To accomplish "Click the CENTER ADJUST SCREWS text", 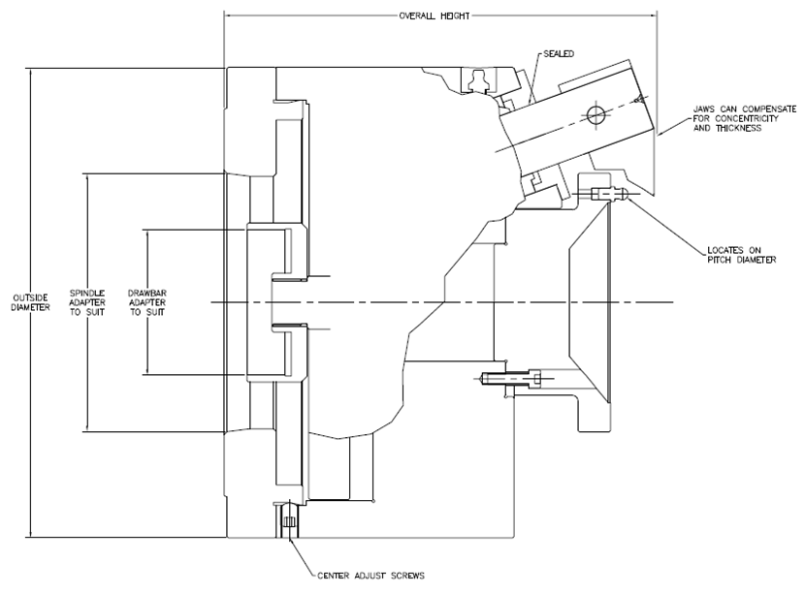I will click(x=370, y=575).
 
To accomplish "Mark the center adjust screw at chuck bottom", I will click(x=287, y=522).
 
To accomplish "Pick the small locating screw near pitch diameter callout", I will click(x=608, y=194).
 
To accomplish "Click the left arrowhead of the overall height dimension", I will click(x=229, y=16).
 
